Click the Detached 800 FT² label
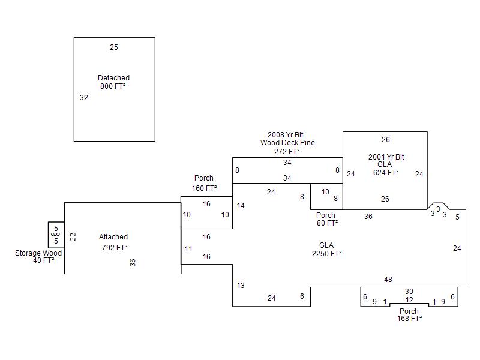point(113,82)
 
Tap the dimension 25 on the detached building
point(114,47)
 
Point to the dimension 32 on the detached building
point(84,98)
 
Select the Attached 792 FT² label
point(113,242)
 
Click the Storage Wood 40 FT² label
point(38,257)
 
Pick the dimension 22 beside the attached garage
point(73,237)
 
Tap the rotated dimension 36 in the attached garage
point(133,262)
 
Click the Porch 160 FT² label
point(204,183)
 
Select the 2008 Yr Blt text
point(287,135)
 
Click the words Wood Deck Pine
point(287,143)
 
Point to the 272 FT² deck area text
point(287,152)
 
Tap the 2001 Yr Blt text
point(386,157)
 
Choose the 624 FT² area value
point(386,172)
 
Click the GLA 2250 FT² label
point(326,250)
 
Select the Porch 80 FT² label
point(326,219)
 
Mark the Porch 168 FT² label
point(409,315)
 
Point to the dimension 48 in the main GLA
point(388,280)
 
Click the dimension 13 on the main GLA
point(241,286)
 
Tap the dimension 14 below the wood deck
point(241,206)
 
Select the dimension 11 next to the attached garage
point(188,248)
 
